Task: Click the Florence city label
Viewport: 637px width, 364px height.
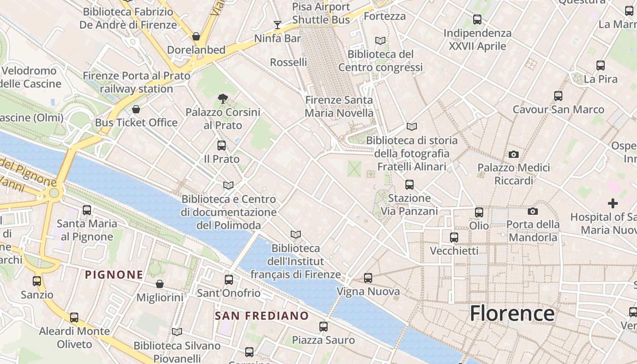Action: (x=512, y=313)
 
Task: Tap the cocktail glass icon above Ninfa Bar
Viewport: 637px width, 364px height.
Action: (x=277, y=25)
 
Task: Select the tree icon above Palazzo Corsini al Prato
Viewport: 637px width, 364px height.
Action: (x=222, y=98)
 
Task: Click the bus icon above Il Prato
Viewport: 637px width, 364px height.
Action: (x=222, y=146)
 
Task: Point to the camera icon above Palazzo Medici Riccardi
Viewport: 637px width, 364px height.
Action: (x=514, y=155)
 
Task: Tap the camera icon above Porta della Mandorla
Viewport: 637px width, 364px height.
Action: (x=533, y=211)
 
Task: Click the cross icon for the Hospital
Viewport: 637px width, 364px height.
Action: (x=613, y=203)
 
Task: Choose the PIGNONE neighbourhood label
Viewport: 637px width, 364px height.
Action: (x=114, y=274)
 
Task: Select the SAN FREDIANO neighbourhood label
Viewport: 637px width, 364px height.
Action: (x=262, y=315)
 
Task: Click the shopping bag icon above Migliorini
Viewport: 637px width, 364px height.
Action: (x=160, y=284)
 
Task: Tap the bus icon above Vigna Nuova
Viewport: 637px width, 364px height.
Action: (x=368, y=278)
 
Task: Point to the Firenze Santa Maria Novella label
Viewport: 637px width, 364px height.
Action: (x=339, y=106)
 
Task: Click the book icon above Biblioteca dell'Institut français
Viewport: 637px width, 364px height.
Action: (x=296, y=234)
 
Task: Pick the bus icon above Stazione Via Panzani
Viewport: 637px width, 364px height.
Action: (x=409, y=184)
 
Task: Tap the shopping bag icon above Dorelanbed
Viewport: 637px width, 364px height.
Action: (x=196, y=36)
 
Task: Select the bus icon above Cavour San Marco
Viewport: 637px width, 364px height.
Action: (x=558, y=96)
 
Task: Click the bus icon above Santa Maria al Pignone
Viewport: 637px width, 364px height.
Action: (x=87, y=210)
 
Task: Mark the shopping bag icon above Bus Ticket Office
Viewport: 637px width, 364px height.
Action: (x=136, y=109)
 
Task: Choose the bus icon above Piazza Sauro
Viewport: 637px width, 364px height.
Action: (x=324, y=326)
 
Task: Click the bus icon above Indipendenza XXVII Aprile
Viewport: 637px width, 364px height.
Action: (x=477, y=20)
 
